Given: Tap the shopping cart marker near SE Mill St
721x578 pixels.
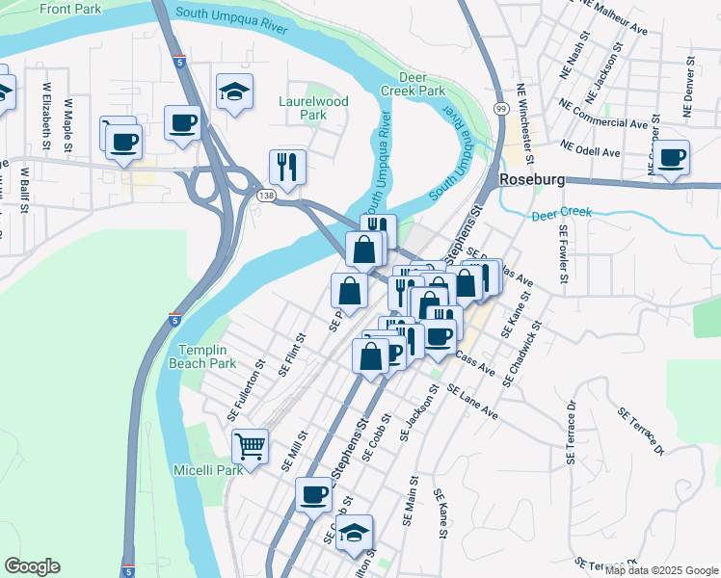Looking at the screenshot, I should click(251, 447).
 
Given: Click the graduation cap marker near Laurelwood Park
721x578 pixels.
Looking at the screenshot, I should click(234, 92).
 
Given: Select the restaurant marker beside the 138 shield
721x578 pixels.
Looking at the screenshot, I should click(287, 167).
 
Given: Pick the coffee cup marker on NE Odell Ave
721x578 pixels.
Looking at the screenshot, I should click(672, 158).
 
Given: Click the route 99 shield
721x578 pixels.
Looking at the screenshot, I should click(500, 108).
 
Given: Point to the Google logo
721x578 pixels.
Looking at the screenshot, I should click(32, 566).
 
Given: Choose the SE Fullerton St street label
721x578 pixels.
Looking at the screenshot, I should click(247, 390).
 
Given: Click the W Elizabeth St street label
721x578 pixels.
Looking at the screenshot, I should click(46, 116).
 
